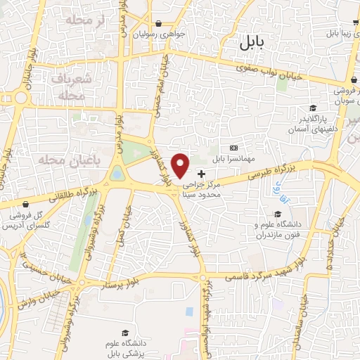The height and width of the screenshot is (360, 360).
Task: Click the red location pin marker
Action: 181,165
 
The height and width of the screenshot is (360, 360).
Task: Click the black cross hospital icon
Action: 202,174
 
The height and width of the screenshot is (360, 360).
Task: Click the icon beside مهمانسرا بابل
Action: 233,147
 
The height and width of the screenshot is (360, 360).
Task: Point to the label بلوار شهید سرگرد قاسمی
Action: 269,275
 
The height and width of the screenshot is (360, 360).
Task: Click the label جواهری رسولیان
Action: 163,34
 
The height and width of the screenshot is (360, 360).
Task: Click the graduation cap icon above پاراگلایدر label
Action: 311,108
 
